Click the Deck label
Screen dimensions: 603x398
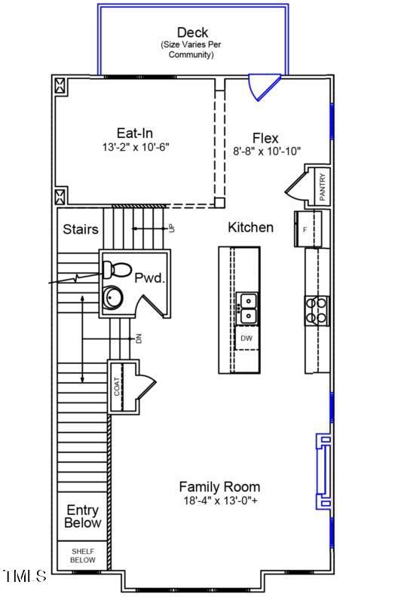pos(192,32)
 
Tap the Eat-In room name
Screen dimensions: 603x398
pos(135,133)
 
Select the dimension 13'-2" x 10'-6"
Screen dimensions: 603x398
pos(135,147)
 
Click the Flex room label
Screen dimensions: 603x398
pos(265,138)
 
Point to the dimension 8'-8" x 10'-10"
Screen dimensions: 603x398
pos(267,151)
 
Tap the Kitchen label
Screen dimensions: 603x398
pos(250,227)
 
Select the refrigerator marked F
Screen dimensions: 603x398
pos(307,228)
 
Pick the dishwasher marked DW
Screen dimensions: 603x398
pos(246,338)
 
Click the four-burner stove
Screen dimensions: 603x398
pos(317,311)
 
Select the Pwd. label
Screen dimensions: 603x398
pos(149,278)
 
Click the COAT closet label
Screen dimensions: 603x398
pos(118,387)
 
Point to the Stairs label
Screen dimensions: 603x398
pos(80,229)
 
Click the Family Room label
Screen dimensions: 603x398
pos(219,487)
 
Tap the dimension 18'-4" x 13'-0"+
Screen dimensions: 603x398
pos(220,500)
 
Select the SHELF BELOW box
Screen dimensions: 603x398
pos(83,556)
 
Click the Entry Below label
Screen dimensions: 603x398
pos(83,516)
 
